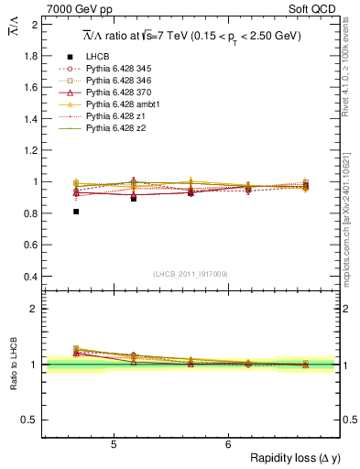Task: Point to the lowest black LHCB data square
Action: [76, 212]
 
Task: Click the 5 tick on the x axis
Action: [113, 444]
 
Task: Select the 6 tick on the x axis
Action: [228, 444]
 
